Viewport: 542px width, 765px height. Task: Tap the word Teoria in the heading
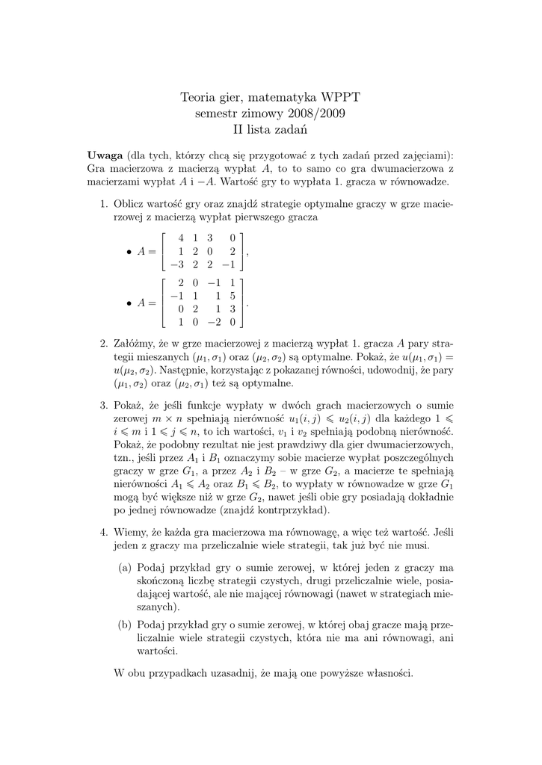click(199, 97)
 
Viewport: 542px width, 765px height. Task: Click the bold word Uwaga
click(105, 155)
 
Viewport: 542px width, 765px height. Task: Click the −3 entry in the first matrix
click(176, 264)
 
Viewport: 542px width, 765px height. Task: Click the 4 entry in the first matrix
click(180, 238)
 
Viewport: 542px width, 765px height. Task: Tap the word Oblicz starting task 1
click(129, 204)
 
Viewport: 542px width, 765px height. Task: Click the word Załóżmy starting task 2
click(135, 344)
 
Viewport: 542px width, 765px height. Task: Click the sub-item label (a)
click(126, 567)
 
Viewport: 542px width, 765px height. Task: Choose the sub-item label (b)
click(126, 623)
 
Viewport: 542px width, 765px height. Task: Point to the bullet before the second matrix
click(130, 303)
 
